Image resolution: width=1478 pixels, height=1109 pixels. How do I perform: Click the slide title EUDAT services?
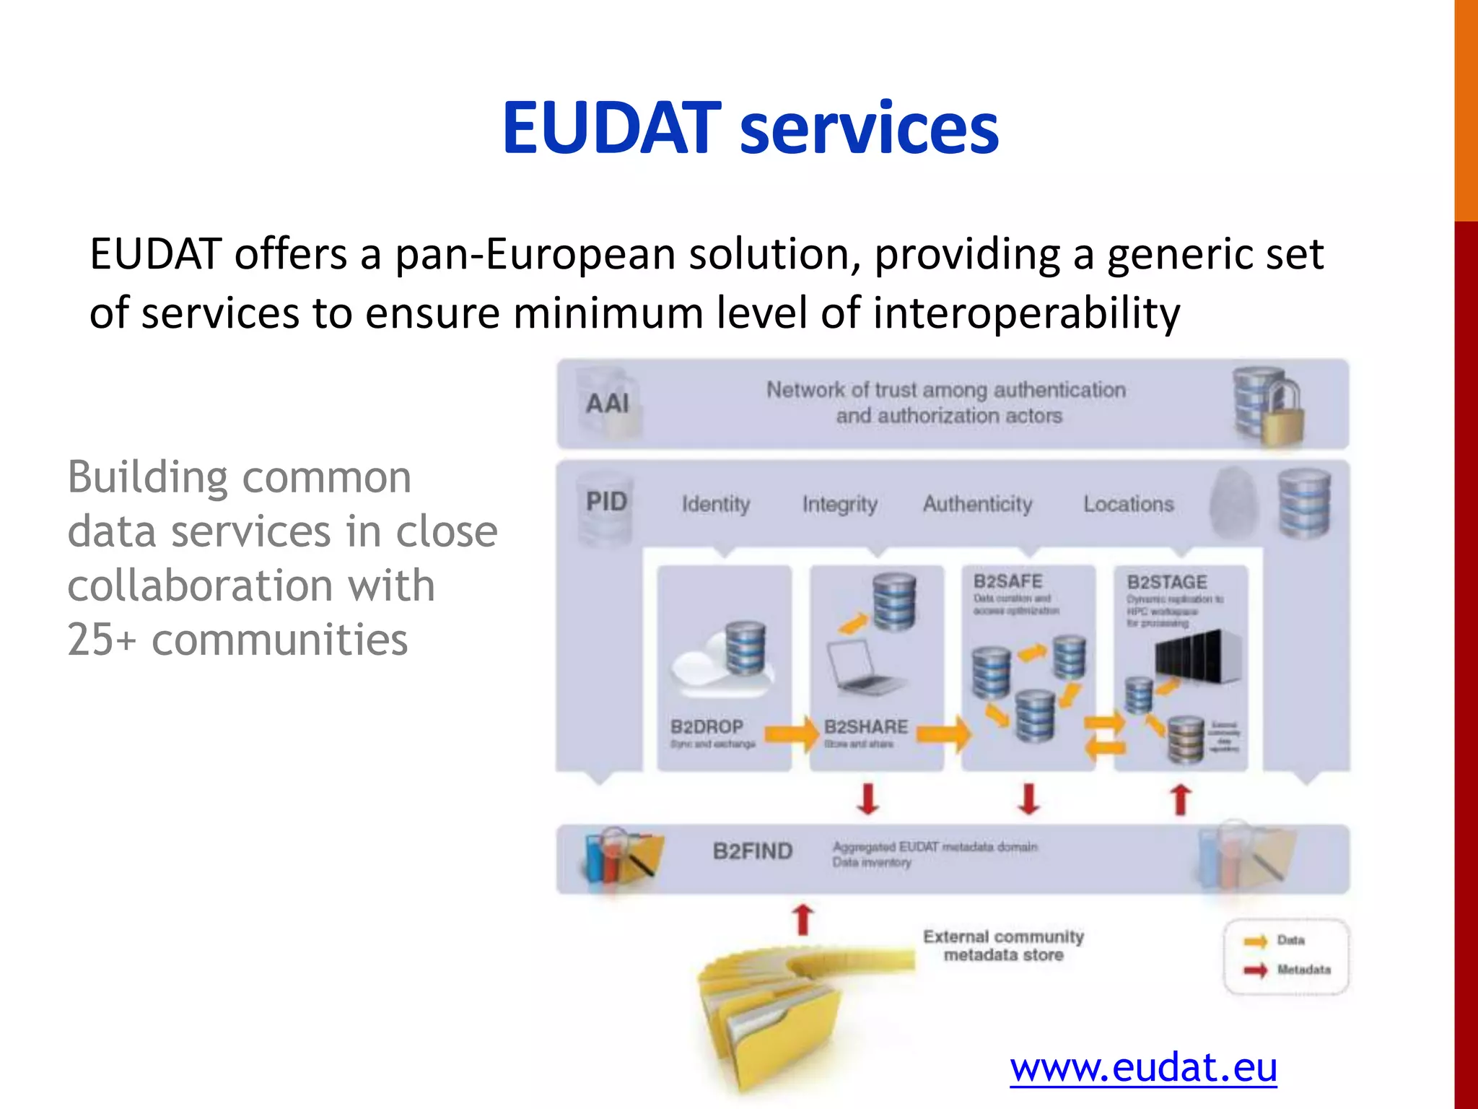coord(751,128)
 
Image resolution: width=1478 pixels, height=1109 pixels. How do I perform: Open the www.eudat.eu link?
coord(1143,1067)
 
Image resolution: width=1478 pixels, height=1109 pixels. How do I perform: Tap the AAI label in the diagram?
coord(607,404)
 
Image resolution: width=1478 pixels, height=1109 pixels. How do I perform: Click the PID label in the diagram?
coord(606,501)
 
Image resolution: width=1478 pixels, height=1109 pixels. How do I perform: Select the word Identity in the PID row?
coord(716,504)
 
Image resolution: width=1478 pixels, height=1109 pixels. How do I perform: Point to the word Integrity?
coord(840,504)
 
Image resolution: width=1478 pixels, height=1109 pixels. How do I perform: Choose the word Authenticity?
coord(978,504)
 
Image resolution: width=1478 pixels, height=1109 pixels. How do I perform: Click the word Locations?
coord(1129,504)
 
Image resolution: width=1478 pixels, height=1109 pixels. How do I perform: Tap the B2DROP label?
coord(707,726)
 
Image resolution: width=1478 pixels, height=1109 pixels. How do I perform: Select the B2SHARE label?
coord(866,726)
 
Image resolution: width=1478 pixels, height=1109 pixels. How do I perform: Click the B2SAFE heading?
coord(1007,581)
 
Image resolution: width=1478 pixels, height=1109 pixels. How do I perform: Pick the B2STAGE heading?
coord(1167,582)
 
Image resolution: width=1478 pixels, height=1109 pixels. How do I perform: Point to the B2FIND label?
coord(753,851)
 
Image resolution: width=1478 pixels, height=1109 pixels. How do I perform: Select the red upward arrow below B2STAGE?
coord(1181,800)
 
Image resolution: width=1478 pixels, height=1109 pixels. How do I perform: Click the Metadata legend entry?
coord(1303,970)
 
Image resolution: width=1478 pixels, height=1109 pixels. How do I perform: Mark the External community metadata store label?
coord(1003,946)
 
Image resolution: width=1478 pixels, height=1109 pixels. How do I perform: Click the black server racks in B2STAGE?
coord(1198,656)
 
